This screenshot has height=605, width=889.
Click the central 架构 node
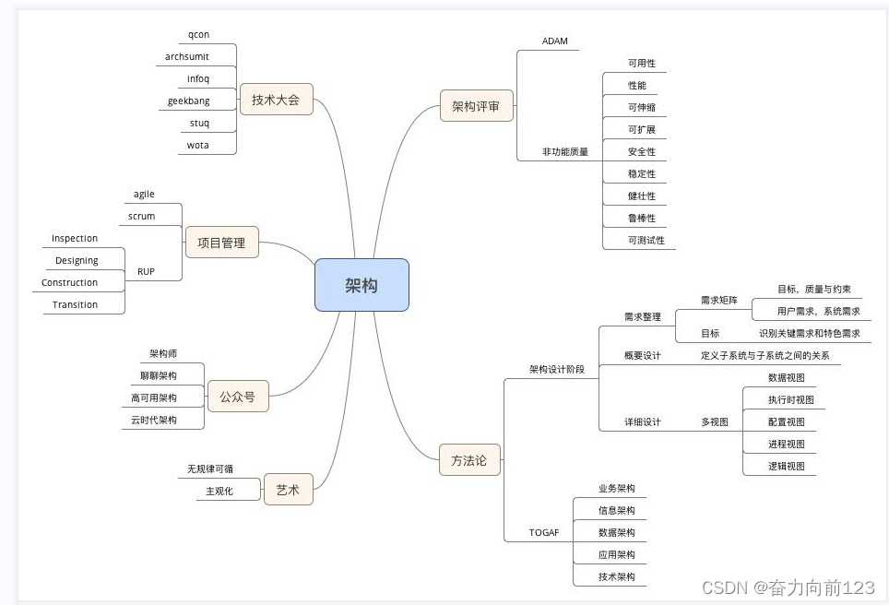pos(362,285)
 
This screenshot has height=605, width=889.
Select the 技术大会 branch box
pos(276,100)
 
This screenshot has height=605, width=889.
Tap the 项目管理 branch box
pos(221,243)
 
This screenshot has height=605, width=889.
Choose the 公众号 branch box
pos(237,397)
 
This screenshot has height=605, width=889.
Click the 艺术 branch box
pos(288,490)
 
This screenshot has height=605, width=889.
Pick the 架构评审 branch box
pos(476,106)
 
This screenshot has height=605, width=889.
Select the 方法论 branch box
pos(468,459)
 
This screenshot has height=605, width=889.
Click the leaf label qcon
pos(198,34)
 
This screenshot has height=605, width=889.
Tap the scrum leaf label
pos(142,216)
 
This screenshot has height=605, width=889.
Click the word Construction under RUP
pos(69,282)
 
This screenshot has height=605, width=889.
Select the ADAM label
pos(555,41)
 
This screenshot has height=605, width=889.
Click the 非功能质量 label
pos(565,151)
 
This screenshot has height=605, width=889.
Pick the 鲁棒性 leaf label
pos(642,218)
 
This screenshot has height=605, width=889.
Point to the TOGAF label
pos(544,533)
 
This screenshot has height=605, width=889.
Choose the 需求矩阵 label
pos(719,300)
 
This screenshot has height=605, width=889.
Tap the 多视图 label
pos(715,421)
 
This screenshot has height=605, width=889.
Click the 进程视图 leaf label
pos(787,444)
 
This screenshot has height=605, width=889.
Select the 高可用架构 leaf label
pos(154,397)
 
